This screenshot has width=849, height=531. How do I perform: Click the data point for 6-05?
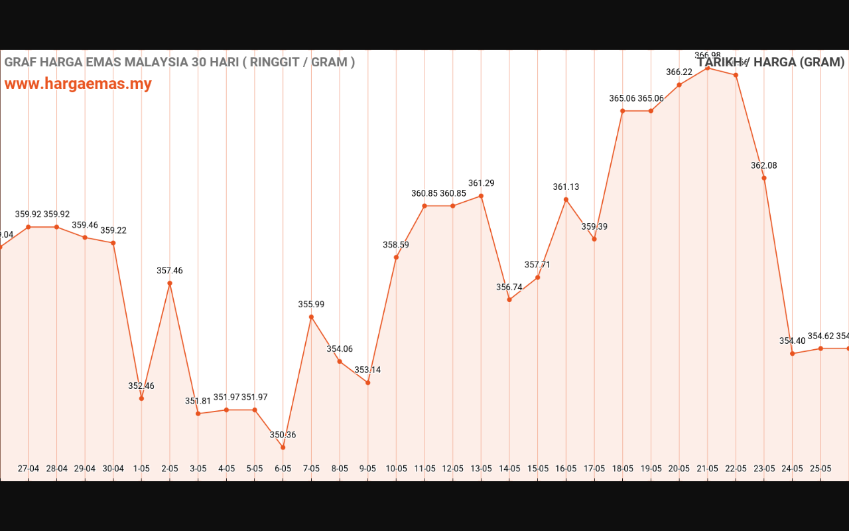283,447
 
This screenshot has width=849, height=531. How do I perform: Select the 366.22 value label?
679,72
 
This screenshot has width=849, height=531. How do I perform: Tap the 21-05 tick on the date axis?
708,468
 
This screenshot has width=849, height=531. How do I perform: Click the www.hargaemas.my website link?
78,84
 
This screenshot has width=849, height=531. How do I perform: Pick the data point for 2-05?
170,283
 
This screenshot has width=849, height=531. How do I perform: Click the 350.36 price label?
283,435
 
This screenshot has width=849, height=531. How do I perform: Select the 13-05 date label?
481,468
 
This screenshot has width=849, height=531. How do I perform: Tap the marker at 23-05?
764,178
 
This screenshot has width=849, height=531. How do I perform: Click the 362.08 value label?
764,165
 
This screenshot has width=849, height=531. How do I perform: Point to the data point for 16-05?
566,199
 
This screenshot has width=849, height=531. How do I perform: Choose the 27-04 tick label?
29,468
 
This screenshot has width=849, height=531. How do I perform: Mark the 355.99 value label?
311,304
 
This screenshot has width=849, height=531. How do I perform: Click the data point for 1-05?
141,398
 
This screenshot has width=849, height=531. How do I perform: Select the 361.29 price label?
481,183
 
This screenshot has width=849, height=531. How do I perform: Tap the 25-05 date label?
820,468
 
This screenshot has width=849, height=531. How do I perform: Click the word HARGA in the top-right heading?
773,62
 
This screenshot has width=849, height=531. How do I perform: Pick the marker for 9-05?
368,382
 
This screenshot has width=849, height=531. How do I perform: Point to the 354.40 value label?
792,341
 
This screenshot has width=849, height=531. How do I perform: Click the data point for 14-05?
509,299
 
